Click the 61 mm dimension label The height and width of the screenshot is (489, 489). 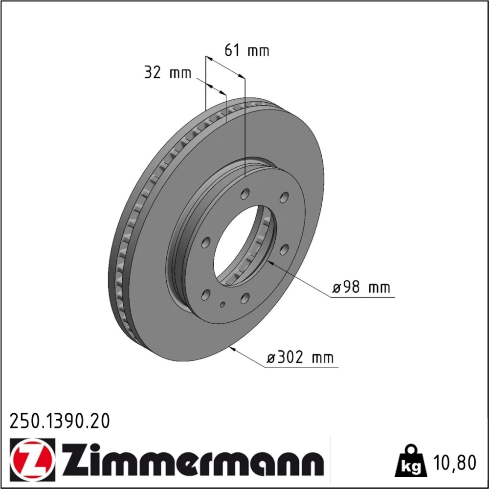point(246,50)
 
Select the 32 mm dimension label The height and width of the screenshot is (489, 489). point(167,73)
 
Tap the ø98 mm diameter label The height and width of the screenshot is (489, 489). point(361,287)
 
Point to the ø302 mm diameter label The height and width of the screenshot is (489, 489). point(300,357)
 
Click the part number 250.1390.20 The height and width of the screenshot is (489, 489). point(60,421)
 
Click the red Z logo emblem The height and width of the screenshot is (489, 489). point(32,457)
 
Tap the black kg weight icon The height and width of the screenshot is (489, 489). point(410,461)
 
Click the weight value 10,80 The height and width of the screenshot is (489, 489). point(455,463)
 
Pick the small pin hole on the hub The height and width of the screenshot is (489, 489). point(222,304)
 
